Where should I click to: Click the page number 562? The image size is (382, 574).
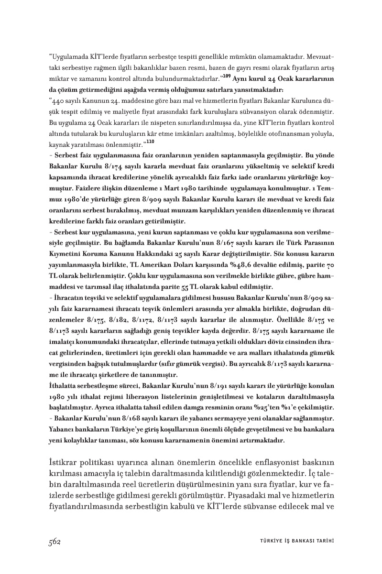(x=54, y=541)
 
